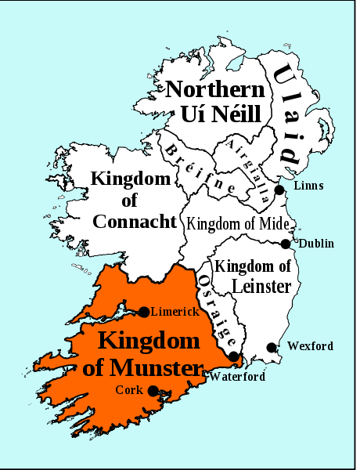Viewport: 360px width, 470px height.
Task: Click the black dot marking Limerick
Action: (x=144, y=312)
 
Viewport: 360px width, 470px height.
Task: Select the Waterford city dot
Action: (x=233, y=357)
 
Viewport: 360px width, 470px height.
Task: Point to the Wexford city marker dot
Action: (x=272, y=347)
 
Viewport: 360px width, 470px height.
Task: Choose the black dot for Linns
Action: (x=279, y=190)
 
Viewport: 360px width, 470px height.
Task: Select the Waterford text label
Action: (x=238, y=376)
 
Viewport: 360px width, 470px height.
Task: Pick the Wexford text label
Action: (x=310, y=346)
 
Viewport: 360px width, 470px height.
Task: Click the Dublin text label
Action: (x=316, y=244)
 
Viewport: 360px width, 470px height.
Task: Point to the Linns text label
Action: (x=308, y=186)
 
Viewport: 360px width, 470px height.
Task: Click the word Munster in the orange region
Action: (x=152, y=367)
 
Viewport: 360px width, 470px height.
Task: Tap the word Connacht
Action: (x=135, y=222)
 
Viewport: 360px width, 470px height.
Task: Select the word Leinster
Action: (x=252, y=287)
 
